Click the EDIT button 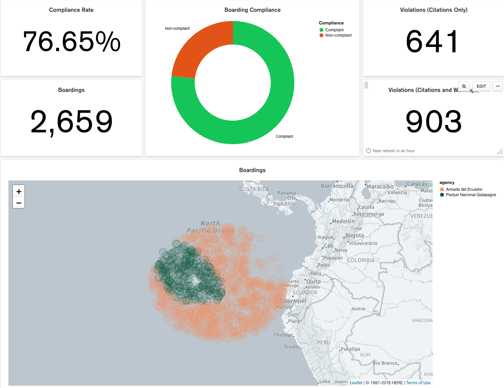(481, 86)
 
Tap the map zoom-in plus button (19, 192)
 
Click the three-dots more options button (498, 86)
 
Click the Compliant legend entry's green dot (321, 30)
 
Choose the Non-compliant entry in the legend (338, 35)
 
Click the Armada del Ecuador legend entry (464, 190)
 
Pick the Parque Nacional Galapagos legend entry (470, 195)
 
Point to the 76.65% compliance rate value (72, 42)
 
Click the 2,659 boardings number (72, 122)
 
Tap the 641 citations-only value (433, 42)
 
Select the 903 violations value (433, 122)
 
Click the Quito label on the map (313, 282)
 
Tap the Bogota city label (354, 236)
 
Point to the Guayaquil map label (293, 301)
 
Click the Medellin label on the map (343, 221)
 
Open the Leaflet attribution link (356, 383)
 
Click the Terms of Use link (418, 383)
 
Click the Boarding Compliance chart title (252, 10)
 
